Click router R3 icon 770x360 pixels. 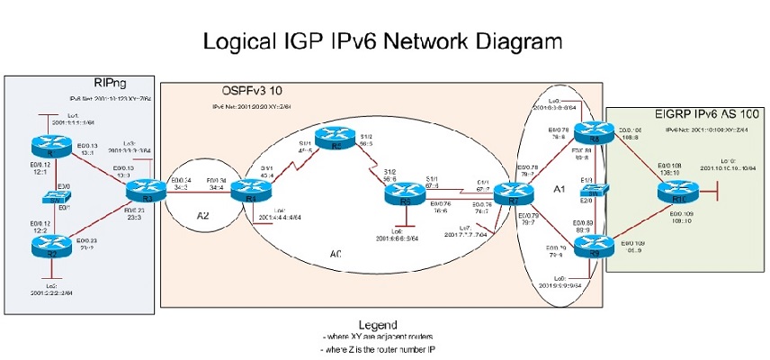[x=139, y=191]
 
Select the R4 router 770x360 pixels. [x=246, y=191]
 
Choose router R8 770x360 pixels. [x=591, y=133]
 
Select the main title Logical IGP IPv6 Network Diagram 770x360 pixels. [x=383, y=41]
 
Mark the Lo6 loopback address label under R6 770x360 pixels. [x=409, y=236]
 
